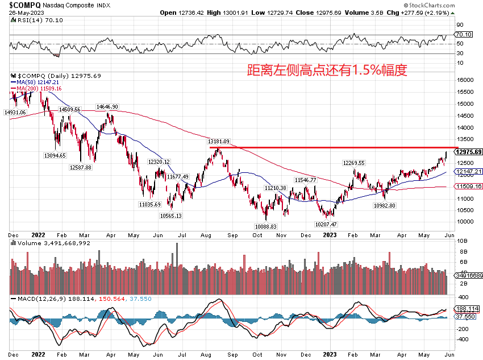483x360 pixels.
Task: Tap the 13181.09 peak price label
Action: tap(218, 141)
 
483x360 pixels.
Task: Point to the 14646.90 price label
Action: tap(107, 106)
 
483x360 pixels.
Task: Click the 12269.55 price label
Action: tap(353, 163)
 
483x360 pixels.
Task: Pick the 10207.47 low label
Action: tap(326, 224)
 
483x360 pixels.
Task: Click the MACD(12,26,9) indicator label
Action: tap(36, 298)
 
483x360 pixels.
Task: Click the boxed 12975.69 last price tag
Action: tap(469, 152)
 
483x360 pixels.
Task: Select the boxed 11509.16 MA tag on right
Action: tap(469, 186)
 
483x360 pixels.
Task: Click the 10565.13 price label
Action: tap(170, 216)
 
